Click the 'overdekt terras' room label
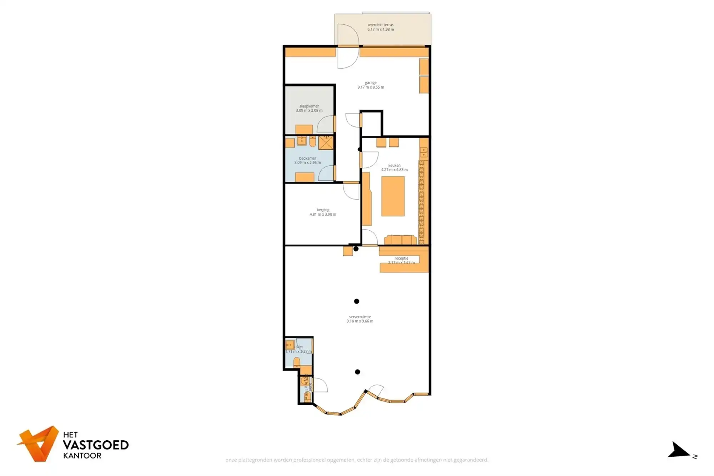tap(381, 25)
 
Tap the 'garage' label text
tap(371, 82)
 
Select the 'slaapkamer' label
tap(309, 106)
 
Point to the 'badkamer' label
tap(307, 158)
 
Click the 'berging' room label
tap(323, 210)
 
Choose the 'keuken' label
tap(394, 165)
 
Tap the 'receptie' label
tap(401, 258)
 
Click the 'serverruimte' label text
tap(360, 317)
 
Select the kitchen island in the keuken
tap(393, 196)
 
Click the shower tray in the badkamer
tap(326, 143)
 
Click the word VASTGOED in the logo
tap(96, 445)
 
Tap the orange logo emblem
tap(39, 444)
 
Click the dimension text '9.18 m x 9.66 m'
tap(360, 321)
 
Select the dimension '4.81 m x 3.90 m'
tap(323, 215)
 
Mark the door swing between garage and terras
tap(348, 46)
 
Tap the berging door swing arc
tap(351, 191)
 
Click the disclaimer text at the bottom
tap(357, 460)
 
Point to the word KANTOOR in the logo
tap(82, 456)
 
